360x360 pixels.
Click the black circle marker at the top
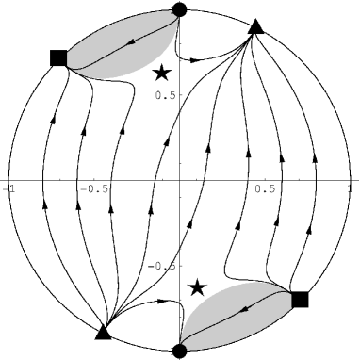coord(180,9)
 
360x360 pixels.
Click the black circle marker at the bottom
coord(180,351)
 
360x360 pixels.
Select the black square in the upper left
coord(58,58)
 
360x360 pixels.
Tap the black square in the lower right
coord(300,300)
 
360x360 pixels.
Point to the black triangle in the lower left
coord(105,331)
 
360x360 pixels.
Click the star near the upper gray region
coord(163,72)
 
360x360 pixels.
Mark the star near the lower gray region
coord(197,287)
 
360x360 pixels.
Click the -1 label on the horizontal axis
coord(10,188)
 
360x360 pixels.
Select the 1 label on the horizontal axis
coord(350,188)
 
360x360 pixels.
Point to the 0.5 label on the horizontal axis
coord(267,188)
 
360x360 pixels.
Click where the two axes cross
coord(180,180)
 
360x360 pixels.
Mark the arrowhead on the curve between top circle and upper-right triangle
coord(193,58)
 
